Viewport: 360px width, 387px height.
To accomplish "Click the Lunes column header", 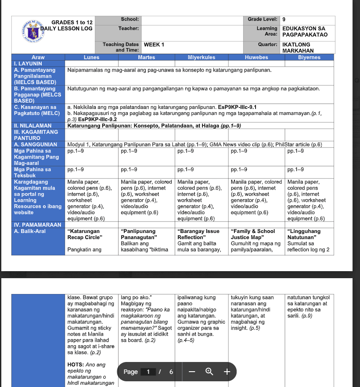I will (x=91, y=57).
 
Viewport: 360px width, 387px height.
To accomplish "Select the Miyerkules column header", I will (x=202, y=57).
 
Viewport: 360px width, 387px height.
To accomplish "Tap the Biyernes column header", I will (x=309, y=57).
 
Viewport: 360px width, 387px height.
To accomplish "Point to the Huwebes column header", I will (x=256, y=57).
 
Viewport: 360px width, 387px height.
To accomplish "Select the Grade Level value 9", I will (x=284, y=20).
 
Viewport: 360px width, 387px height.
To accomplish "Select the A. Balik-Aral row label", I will (x=30, y=231).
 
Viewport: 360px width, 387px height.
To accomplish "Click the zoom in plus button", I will (x=227, y=372).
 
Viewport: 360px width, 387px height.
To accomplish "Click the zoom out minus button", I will (x=191, y=372).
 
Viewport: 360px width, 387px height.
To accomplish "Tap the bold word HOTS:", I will (x=76, y=365).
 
